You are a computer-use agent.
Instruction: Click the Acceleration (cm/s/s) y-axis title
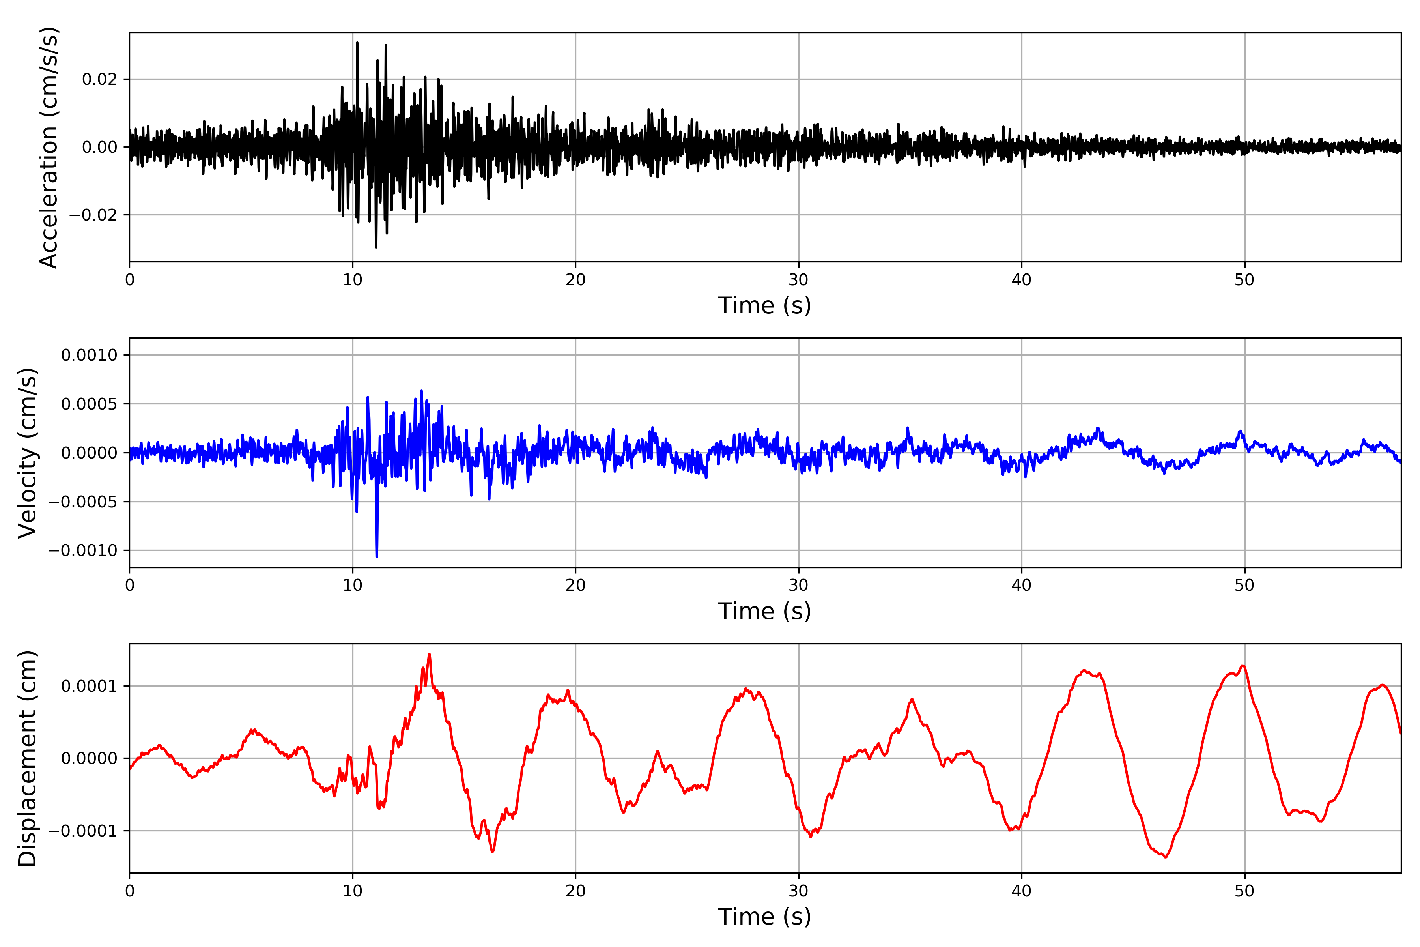pos(48,147)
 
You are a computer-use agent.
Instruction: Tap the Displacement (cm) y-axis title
pos(28,758)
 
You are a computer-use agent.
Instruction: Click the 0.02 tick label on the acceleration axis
pos(100,79)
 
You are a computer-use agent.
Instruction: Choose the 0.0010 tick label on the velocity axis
pos(90,355)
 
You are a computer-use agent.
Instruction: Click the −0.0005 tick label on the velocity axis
pos(83,502)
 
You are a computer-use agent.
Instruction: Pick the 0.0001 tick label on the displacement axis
pos(90,686)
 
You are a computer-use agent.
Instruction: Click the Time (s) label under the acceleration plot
pos(764,305)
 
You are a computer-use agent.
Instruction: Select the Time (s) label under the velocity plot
pos(764,611)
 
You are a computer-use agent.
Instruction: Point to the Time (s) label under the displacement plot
pos(764,917)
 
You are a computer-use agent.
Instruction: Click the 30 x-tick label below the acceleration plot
pos(798,280)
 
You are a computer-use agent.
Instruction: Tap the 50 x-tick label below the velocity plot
pos(1244,585)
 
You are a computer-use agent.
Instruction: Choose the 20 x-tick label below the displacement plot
pos(575,891)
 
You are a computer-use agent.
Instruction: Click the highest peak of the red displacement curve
pos(429,654)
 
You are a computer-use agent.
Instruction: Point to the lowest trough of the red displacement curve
pos(1166,857)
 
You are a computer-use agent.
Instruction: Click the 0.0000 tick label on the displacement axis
pos(90,758)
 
